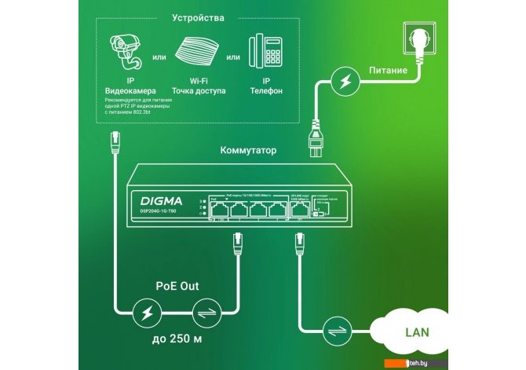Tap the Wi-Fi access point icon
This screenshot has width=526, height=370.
click(x=199, y=53)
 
